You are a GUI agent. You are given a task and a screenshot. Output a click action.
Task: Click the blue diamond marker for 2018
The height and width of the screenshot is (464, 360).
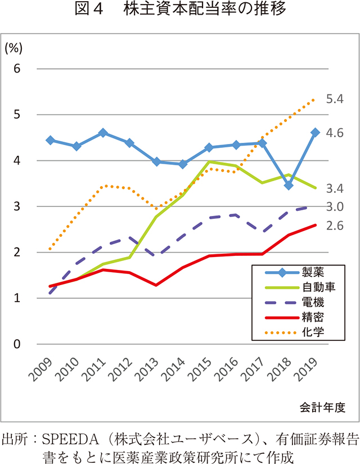click(289, 185)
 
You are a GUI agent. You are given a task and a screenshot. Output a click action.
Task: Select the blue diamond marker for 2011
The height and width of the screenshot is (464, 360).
click(103, 133)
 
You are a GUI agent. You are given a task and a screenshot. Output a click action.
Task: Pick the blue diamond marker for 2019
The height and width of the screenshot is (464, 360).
click(315, 133)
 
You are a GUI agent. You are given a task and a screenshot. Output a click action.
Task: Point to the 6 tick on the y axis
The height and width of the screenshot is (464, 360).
click(17, 69)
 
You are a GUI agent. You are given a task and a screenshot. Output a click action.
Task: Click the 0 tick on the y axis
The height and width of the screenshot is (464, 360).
click(17, 344)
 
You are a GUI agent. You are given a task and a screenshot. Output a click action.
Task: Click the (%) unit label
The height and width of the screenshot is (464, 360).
click(13, 48)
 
